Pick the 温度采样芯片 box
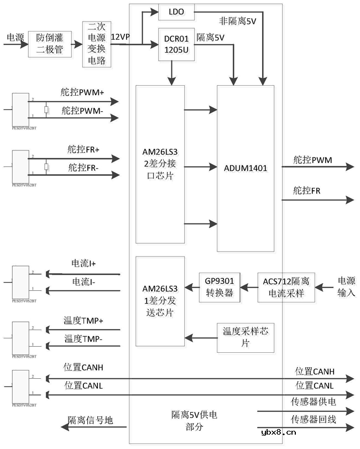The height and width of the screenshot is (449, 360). [245, 337]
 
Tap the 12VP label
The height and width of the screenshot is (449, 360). [121, 36]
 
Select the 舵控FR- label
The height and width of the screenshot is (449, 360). [84, 167]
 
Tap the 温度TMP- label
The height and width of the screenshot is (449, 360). [84, 338]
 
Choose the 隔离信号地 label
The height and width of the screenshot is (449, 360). [90, 420]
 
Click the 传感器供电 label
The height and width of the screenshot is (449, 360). [314, 401]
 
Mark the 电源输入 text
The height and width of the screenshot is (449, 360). [346, 286]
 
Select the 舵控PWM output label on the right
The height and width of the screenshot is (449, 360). [312, 160]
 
